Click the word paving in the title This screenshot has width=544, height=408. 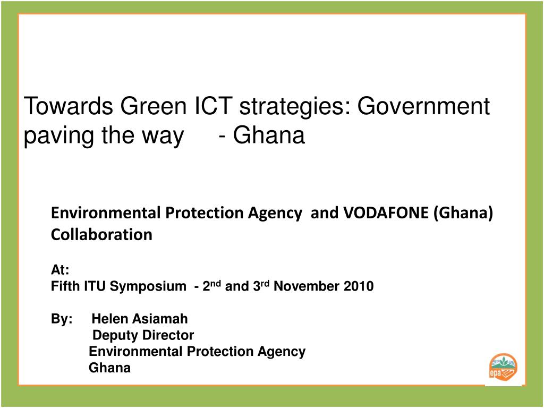pos(56,137)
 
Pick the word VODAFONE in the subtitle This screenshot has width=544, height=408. pos(386,213)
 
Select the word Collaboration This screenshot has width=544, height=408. pos(101,234)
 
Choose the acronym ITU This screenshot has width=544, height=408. pos(95,287)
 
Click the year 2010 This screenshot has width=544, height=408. pos(359,287)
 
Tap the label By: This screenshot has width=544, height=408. pos(62,319)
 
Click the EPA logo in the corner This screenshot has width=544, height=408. pos(503,368)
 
